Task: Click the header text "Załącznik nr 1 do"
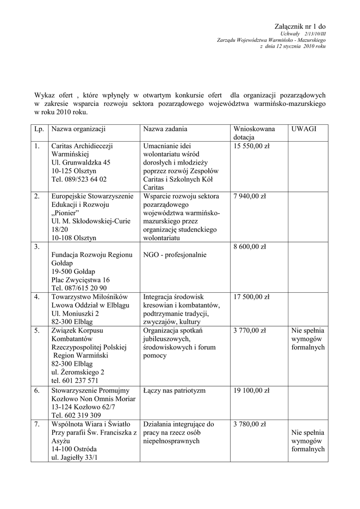click(300, 26)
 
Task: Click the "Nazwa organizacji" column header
click(78, 129)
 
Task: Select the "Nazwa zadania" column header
click(165, 129)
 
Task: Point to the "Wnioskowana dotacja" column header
click(254, 133)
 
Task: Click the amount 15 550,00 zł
click(251, 146)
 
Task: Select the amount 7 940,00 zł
click(250, 196)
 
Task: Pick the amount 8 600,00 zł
click(250, 247)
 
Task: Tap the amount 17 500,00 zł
click(251, 297)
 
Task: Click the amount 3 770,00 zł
click(250, 330)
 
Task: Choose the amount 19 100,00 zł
click(251, 391)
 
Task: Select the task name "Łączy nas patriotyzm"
click(174, 391)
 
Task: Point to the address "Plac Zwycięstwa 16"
click(81, 280)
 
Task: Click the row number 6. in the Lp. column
click(37, 391)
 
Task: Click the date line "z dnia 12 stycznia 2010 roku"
click(293, 46)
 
